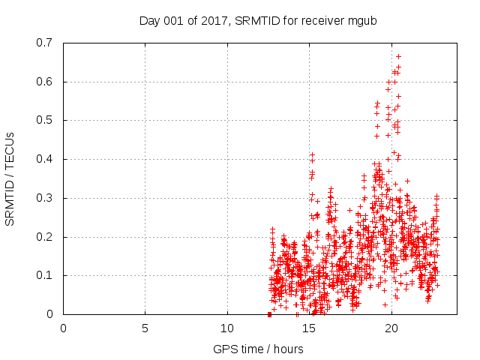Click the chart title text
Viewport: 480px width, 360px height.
[257, 20]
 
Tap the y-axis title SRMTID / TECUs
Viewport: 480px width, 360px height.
[10, 178]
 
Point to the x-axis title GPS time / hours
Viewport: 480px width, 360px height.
[258, 349]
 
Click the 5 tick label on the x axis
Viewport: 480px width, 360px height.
[145, 328]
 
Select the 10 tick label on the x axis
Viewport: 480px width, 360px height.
[227, 328]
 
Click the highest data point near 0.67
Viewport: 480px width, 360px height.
[398, 56]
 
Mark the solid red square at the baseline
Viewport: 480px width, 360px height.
[269, 314]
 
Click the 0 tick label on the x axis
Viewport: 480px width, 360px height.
[64, 328]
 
